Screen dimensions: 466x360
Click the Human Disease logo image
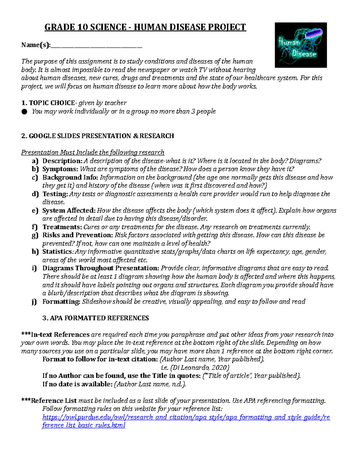pos(301,45)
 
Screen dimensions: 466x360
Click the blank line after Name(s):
pos(96,47)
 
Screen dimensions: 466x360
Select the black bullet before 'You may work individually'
pos(24,112)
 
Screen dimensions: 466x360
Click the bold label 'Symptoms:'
pos(60,169)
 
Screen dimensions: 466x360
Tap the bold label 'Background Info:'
pos(70,177)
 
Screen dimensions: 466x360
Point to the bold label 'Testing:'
pos(55,194)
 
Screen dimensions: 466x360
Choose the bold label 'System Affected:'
pos(69,210)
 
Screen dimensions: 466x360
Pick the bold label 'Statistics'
pos(57,251)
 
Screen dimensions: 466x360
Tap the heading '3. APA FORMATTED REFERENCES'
pos(96,318)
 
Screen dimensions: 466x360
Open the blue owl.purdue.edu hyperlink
pos(186,417)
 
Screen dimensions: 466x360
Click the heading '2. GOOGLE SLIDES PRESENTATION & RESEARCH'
pos(97,136)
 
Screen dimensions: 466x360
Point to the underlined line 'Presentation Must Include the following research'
pos(93,152)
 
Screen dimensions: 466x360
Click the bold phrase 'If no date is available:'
pos(77,384)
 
